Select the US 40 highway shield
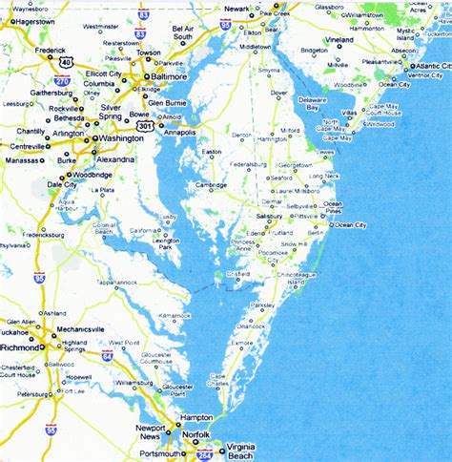point(65,61)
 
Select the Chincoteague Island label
point(300,277)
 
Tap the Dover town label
point(278,93)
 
